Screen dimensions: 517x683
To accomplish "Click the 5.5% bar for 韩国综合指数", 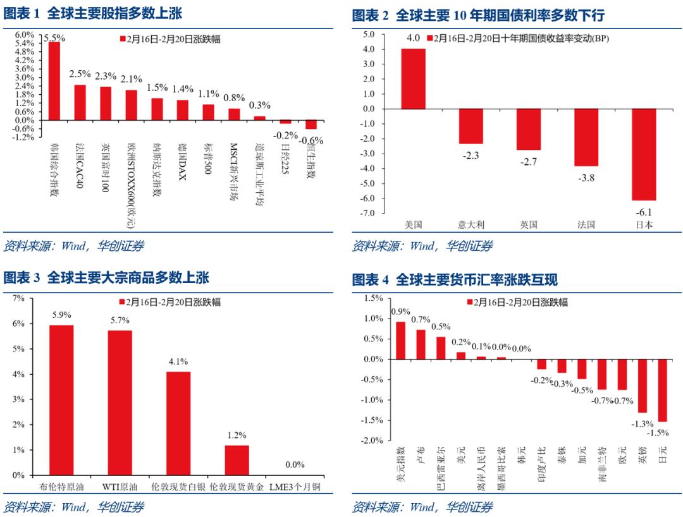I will coord(54,81).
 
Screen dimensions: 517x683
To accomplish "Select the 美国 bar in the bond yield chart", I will coord(413,78).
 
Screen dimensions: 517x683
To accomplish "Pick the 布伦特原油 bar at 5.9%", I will coord(61,399).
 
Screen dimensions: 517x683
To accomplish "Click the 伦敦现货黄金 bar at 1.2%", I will coord(237,460).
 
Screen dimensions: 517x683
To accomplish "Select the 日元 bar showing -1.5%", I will coord(663,390).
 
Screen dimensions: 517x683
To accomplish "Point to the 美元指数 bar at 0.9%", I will coord(400,340).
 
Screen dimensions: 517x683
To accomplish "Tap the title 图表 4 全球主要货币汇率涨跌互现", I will coord(455,279).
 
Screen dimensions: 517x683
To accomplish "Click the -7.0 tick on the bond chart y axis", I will coord(367,213).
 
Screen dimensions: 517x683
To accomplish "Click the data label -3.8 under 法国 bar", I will coord(586,178).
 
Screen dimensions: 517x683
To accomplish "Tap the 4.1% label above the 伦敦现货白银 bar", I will coord(178,362).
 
